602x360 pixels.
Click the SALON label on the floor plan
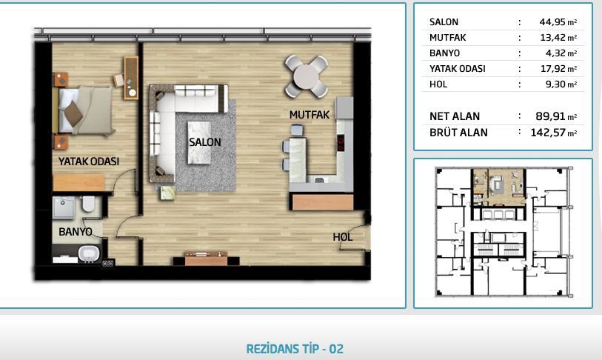coord(204,142)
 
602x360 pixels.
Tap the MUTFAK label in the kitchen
coord(310,115)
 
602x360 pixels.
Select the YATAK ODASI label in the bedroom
coord(89,161)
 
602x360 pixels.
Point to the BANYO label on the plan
coord(76,232)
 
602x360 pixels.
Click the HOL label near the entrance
coord(342,237)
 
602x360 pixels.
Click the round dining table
coord(306,76)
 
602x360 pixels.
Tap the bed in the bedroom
coord(84,110)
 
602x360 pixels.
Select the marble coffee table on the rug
coord(199,142)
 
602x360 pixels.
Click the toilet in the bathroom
coord(88,204)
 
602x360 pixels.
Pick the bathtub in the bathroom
coord(89,254)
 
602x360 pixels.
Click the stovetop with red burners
coord(341,144)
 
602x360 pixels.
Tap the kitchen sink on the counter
coord(318,179)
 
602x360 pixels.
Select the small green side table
coord(168,193)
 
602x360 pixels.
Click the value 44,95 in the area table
coord(552,22)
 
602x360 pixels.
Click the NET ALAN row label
coord(455,116)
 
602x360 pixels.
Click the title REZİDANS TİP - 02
coord(295,349)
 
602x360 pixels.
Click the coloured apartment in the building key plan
coord(498,187)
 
